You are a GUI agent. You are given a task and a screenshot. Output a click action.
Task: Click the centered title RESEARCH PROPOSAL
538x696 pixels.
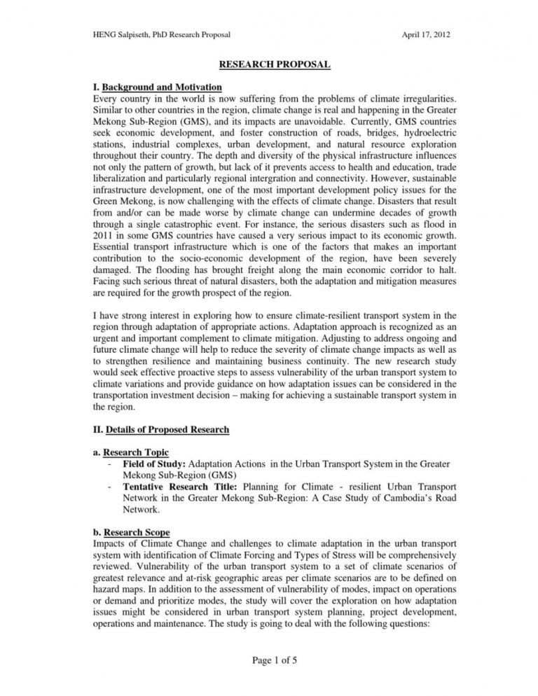(275, 65)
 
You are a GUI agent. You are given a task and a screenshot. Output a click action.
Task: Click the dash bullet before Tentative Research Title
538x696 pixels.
(111, 486)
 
